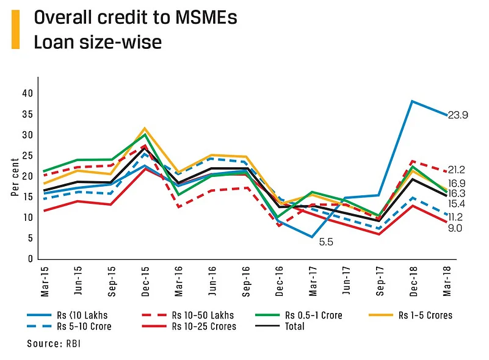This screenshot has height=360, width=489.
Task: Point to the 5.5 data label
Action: point(326,242)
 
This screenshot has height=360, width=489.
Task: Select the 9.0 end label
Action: point(455,228)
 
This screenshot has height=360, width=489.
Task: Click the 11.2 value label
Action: point(455,217)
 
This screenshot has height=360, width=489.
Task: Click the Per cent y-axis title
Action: point(15,177)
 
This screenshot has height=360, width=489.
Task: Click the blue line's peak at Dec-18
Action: point(413,101)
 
